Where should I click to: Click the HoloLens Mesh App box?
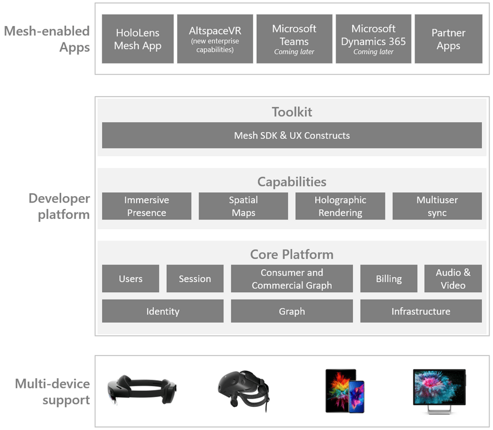click(137, 39)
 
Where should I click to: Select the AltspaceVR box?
click(215, 39)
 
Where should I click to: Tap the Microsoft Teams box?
click(294, 39)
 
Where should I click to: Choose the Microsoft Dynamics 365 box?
click(373, 39)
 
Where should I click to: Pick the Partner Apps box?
click(448, 39)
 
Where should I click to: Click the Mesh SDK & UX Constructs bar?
click(292, 136)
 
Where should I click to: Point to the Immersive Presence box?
click(146, 206)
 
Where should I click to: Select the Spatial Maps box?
click(243, 206)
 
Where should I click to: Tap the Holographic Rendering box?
click(340, 206)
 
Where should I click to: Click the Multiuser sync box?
click(437, 206)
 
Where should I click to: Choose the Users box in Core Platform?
click(130, 278)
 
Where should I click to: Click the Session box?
click(195, 278)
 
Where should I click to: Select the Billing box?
click(389, 278)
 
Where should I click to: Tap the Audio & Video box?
click(453, 278)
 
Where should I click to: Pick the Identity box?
click(162, 311)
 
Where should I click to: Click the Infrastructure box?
click(421, 311)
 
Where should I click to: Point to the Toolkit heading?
click(292, 112)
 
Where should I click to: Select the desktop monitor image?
click(439, 390)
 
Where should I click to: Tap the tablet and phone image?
click(345, 390)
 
